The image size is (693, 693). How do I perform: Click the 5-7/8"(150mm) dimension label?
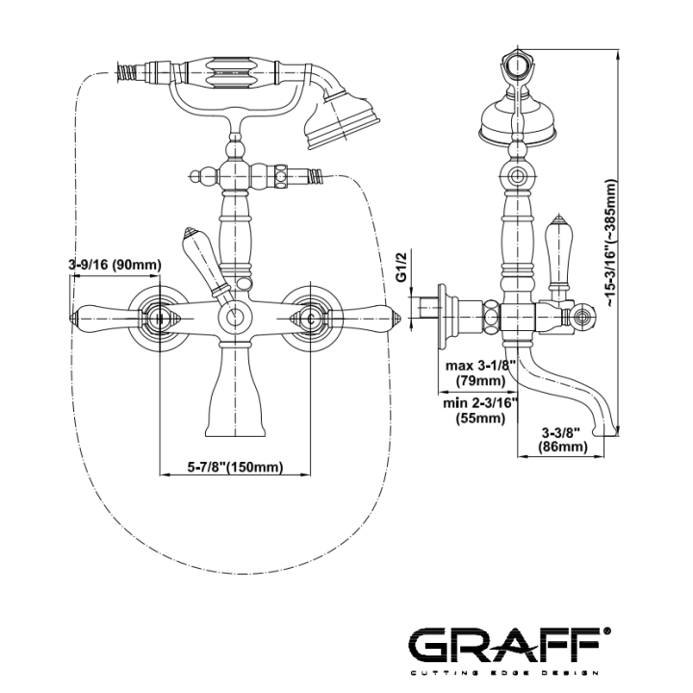pos(235,467)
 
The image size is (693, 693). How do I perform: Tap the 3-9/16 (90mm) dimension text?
pos(115,265)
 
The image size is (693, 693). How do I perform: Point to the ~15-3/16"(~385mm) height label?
pos(609,243)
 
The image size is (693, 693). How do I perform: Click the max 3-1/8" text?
pos(481,366)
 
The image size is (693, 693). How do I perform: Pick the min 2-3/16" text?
pos(480,403)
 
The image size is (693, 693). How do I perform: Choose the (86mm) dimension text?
pos(563,447)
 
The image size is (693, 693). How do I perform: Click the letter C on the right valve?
pos(311,319)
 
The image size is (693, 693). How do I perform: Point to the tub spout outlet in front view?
pos(235,435)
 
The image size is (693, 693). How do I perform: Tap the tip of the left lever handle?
pos(70,318)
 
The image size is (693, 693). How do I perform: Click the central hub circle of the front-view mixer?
pos(235,318)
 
